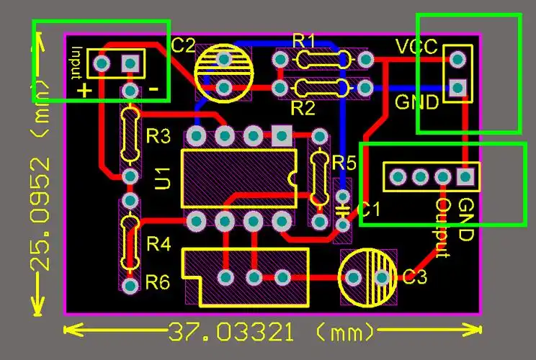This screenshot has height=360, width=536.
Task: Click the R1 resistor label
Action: point(304,40)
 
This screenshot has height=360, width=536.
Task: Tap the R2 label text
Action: point(303,109)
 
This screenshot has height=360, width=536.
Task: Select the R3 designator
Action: point(158,135)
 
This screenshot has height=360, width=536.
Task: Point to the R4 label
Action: point(158,245)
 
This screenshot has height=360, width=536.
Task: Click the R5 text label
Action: point(344,163)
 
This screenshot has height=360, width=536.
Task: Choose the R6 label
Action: point(158,282)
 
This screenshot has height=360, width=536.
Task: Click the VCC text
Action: point(416,48)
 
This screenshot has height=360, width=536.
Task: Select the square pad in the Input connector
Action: point(130,63)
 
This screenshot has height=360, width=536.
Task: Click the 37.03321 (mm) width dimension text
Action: point(272,333)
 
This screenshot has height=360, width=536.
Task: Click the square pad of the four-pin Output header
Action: point(466,175)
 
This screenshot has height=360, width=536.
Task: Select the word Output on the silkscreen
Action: point(443,228)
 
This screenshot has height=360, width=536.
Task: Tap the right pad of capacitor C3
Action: point(382,277)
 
